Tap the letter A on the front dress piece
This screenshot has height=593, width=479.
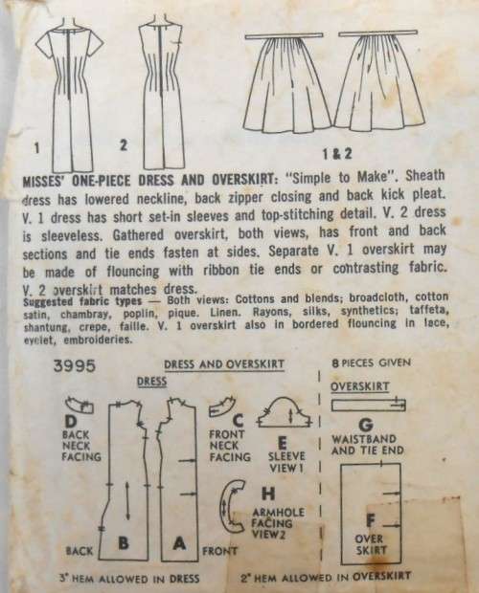point(178,542)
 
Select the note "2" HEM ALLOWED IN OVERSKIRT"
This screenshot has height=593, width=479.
point(341,581)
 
